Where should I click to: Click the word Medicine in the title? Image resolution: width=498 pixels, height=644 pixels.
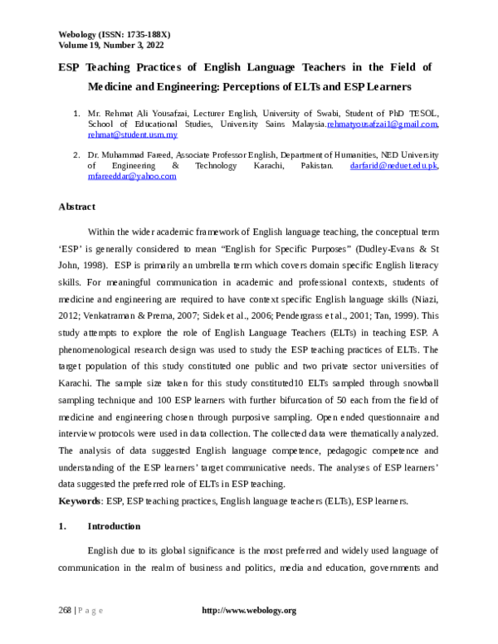(x=116, y=85)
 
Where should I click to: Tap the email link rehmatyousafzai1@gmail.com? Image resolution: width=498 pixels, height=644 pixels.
(x=383, y=123)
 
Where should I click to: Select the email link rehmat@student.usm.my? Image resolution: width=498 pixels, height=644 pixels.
(x=133, y=134)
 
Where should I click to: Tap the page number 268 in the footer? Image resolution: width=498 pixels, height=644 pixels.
(x=65, y=611)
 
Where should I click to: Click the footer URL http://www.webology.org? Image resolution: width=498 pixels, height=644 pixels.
(x=249, y=611)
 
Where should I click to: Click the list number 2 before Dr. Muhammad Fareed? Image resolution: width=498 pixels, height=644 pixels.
(x=76, y=155)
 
